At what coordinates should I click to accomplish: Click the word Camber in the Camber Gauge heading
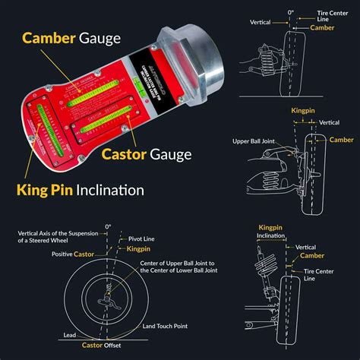pos(47,38)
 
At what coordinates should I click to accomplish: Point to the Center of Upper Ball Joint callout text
pos(179,267)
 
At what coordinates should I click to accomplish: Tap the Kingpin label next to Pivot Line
pos(139,249)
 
